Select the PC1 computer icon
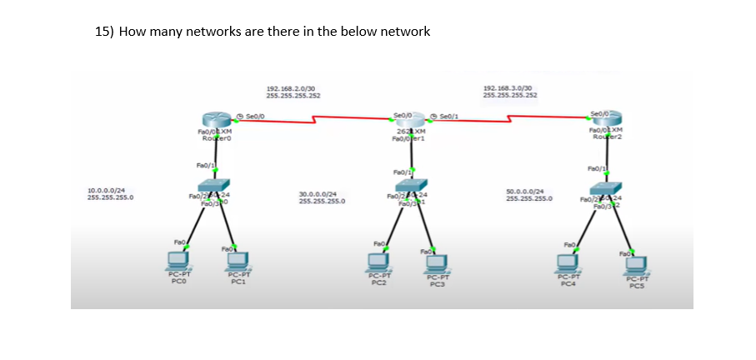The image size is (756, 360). point(240,262)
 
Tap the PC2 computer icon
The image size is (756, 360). point(379,261)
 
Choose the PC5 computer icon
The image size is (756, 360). point(637,266)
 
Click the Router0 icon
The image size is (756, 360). point(214,120)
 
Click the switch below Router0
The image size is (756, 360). point(214,188)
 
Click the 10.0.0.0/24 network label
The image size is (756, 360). point(111,194)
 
